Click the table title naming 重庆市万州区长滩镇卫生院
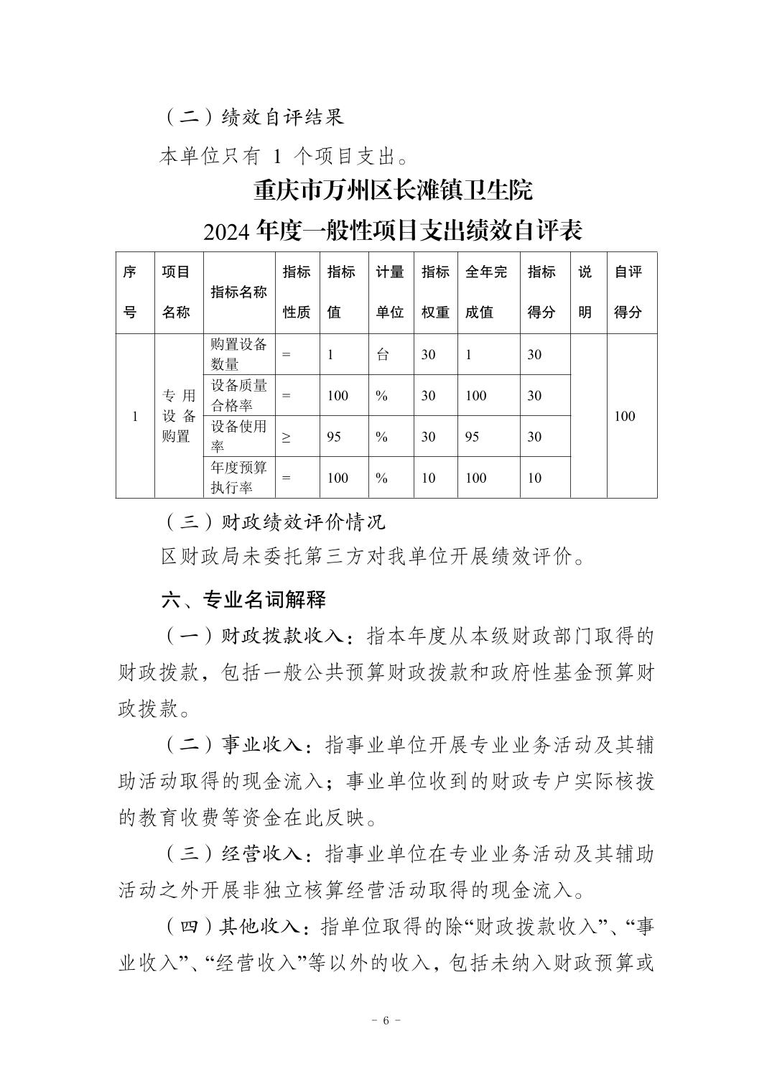coord(393,191)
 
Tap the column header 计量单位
coord(390,292)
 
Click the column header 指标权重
coord(434,292)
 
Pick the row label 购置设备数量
coord(238,354)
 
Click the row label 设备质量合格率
coord(238,395)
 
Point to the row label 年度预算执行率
coord(238,478)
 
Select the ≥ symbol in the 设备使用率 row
coord(287,438)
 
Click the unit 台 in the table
coord(383,354)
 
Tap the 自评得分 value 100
coord(625,416)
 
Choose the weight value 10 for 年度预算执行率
coord(428,478)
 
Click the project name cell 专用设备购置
coord(178,416)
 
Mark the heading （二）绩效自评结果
coord(254,117)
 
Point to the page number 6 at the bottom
coord(386,1021)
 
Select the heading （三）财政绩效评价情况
coord(274,522)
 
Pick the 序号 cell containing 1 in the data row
coord(135,416)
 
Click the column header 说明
coord(585,292)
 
